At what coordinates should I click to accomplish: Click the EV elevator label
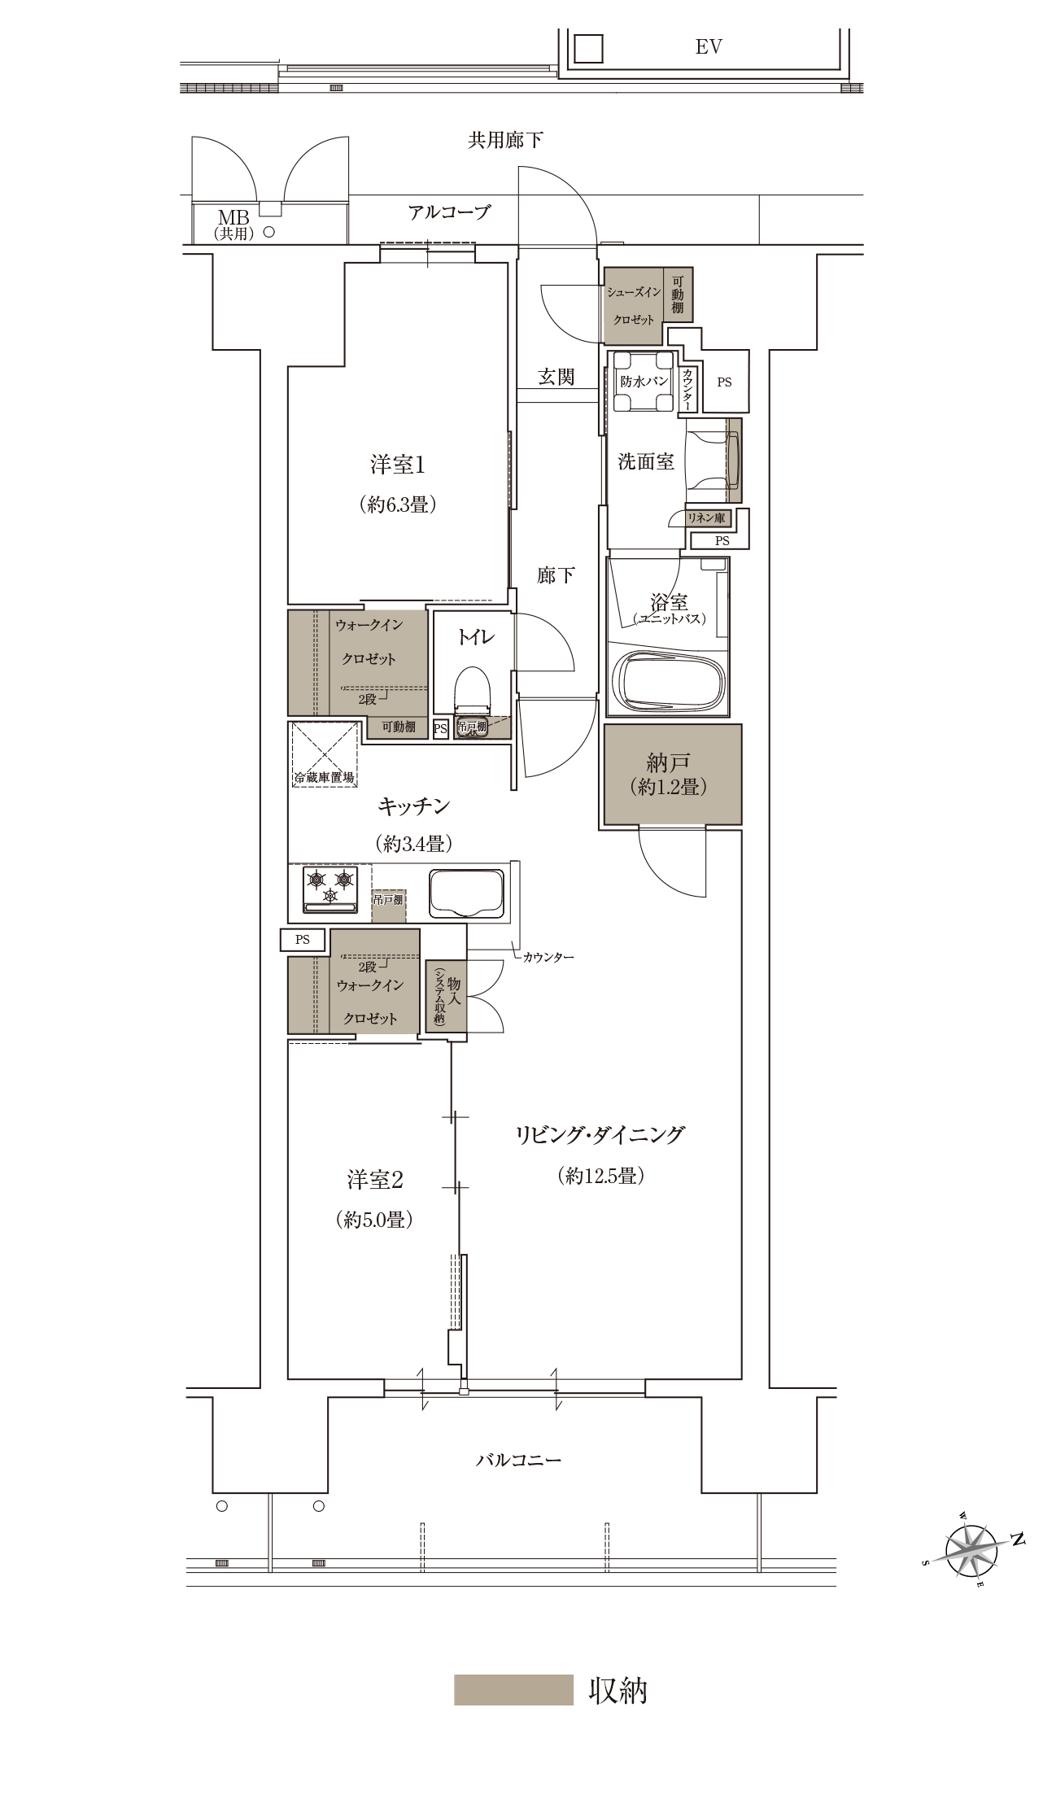click(x=709, y=47)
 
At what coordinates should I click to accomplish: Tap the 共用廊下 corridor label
click(x=505, y=140)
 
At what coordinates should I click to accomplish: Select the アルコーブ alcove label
click(x=450, y=212)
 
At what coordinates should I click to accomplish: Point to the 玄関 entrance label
click(x=556, y=377)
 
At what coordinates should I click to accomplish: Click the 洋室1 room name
click(x=398, y=465)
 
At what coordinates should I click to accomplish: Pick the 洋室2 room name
click(x=375, y=1179)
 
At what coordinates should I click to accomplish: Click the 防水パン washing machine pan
click(x=644, y=382)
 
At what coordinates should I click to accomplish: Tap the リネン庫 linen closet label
click(x=707, y=518)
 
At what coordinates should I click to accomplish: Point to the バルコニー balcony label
click(x=518, y=1460)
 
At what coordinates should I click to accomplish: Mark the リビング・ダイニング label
click(x=600, y=1134)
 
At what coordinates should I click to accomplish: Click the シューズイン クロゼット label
click(x=634, y=305)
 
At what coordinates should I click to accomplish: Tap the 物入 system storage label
click(x=446, y=996)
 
